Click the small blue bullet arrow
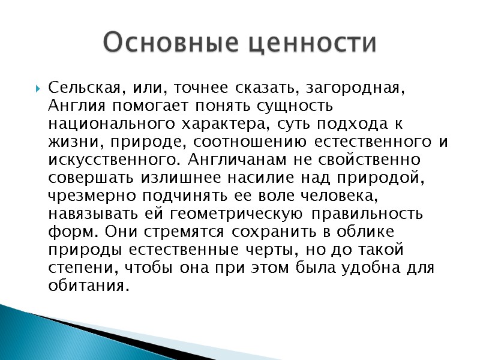(37, 88)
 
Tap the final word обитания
(88, 286)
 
